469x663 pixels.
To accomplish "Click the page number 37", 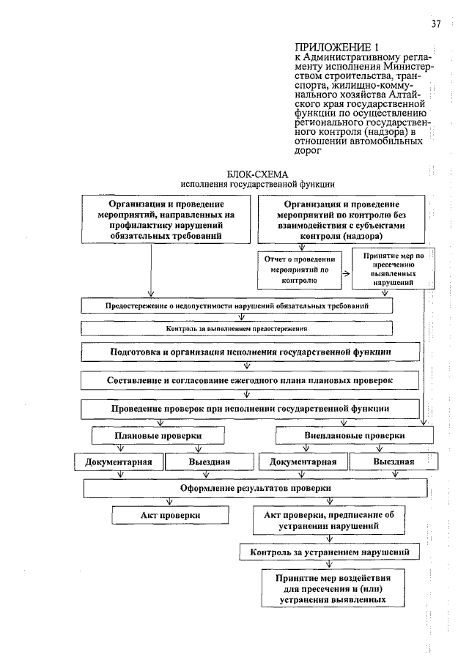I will pos(435,24).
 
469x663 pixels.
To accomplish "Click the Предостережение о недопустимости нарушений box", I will pos(236,305).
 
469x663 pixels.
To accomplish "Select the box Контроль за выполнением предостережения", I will pos(236,329).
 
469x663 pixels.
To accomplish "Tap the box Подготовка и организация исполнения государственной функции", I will pos(250,352).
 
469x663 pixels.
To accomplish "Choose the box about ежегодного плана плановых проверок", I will pos(250,381).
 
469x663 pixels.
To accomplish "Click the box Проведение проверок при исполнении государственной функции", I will pos(250,408).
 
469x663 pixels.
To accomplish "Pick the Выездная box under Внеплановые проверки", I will pos(393,462).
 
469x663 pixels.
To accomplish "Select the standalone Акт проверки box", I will pos(170,516).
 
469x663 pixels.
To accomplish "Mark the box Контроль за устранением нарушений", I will pos(334,551).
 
